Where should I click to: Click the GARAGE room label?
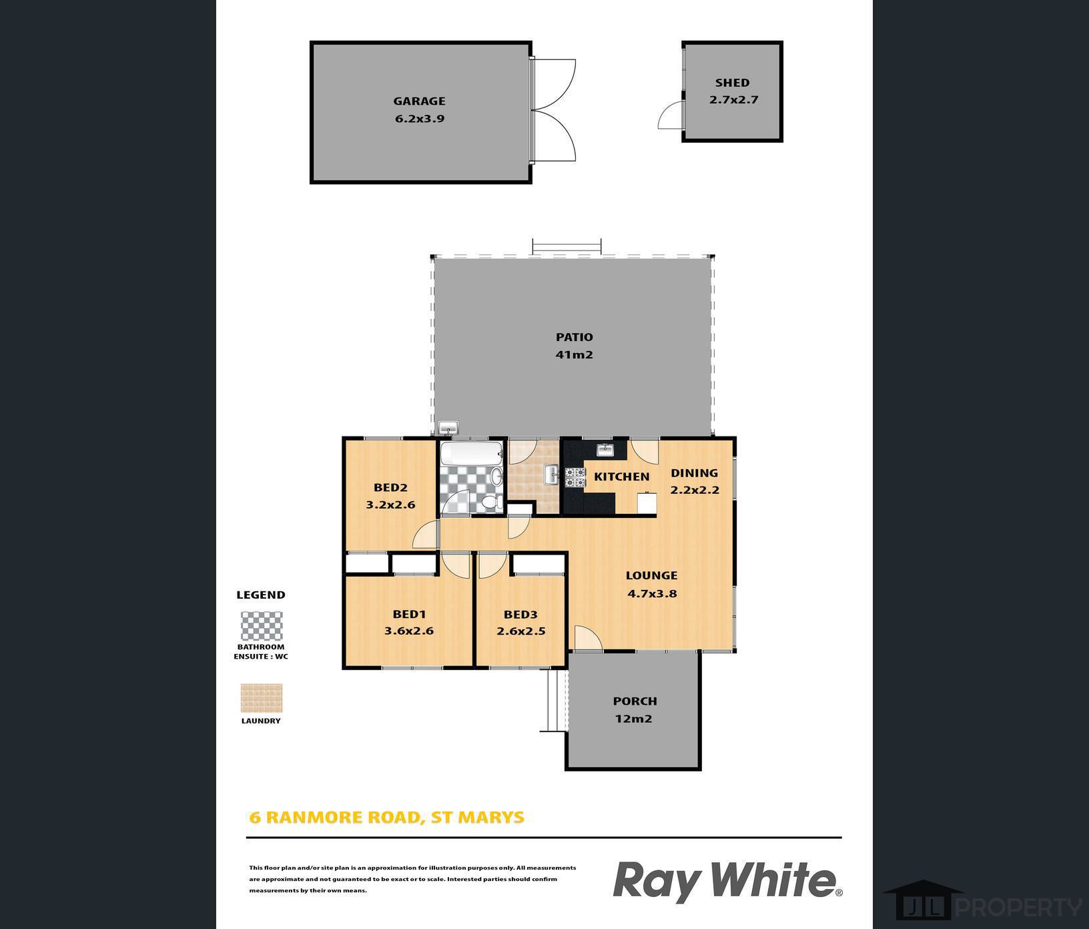419,101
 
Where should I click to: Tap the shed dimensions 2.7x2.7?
733,100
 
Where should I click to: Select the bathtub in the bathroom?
471,454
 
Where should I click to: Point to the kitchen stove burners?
575,477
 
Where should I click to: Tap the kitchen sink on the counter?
605,449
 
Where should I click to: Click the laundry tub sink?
552,475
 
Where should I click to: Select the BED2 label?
390,487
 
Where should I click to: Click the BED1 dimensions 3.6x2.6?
409,631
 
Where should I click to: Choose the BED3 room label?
520,615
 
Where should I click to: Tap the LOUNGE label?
651,575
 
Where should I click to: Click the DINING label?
694,473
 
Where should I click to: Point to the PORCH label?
635,701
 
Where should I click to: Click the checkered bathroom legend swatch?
262,626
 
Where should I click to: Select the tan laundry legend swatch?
262,698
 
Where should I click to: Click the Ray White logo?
728,881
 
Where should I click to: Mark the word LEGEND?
261,595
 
